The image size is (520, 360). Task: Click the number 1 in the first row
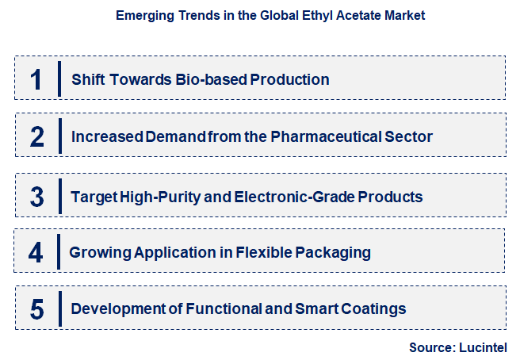tap(36, 79)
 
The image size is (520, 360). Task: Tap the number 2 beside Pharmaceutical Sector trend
tap(36, 136)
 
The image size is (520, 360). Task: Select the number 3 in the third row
tap(36, 196)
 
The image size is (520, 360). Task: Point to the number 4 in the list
tap(36, 253)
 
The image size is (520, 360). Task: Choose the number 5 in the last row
tap(36, 309)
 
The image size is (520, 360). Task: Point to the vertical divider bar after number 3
tap(59, 196)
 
